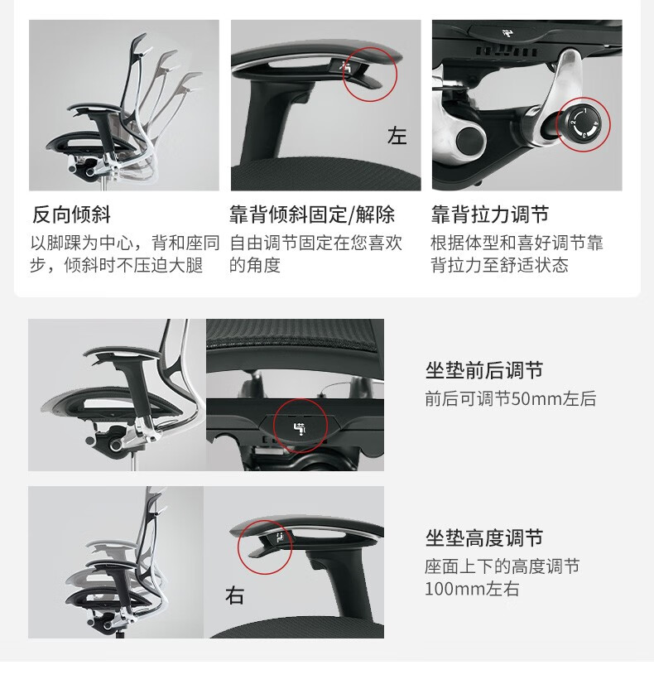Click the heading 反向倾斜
click(x=71, y=214)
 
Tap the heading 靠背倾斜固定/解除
click(x=312, y=214)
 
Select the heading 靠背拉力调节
click(x=489, y=214)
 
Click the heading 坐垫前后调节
click(x=484, y=370)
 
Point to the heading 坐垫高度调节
click(x=484, y=537)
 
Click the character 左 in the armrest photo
click(x=397, y=135)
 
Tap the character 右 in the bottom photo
click(x=234, y=595)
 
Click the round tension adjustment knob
click(x=583, y=124)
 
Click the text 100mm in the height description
click(x=456, y=589)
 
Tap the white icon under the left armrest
click(x=347, y=67)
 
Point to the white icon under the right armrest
click(x=279, y=537)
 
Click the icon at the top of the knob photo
click(x=509, y=33)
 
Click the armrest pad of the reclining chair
click(x=95, y=108)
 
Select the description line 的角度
click(x=255, y=265)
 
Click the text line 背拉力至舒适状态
click(x=499, y=265)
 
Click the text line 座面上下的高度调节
click(x=502, y=566)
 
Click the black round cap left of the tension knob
click(x=470, y=140)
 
